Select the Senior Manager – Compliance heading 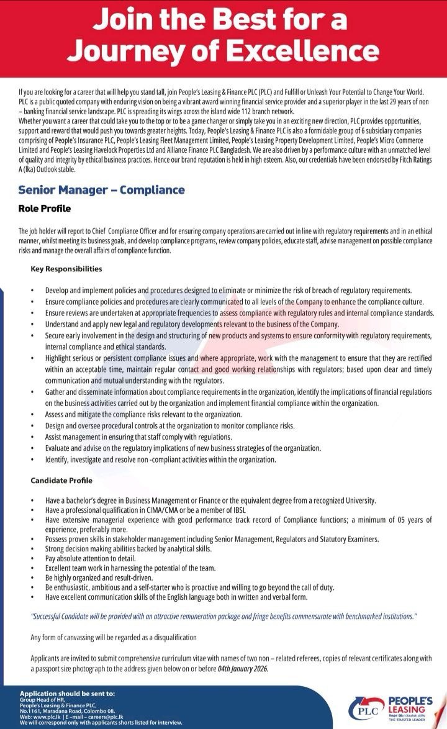click(x=101, y=190)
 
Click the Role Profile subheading click(x=45, y=209)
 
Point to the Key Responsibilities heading click(x=66, y=269)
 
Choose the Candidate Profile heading click(x=61, y=481)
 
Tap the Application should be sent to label click(x=67, y=694)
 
